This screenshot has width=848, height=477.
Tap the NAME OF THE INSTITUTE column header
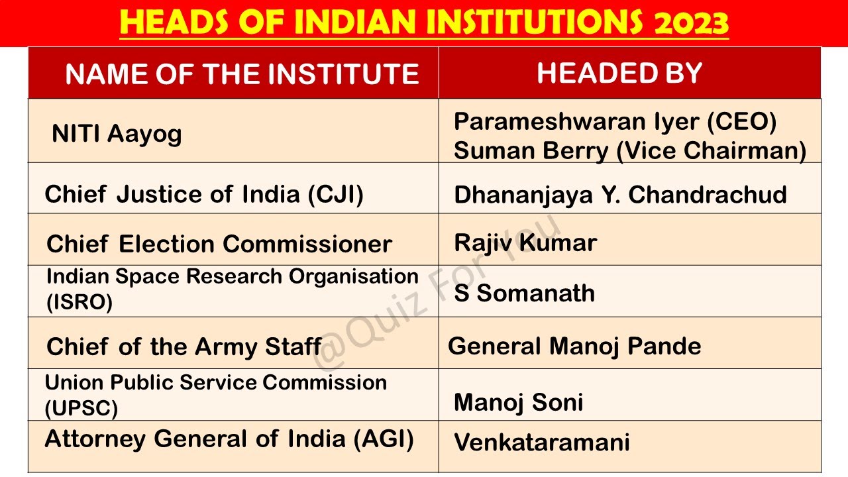(242, 74)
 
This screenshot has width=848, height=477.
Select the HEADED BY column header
(619, 73)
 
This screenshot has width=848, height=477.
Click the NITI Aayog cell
(117, 134)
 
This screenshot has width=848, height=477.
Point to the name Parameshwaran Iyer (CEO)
(615, 121)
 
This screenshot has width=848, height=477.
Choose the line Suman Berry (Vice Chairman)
(629, 150)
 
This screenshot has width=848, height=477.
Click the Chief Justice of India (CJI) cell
(204, 194)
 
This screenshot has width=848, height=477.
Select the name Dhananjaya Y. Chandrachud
(620, 194)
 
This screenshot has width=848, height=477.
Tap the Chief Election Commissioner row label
(219, 244)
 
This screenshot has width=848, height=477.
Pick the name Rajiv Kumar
(525, 242)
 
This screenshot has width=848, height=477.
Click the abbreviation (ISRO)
(79, 302)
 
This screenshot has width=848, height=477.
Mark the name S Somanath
(524, 293)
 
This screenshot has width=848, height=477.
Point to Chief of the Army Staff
(184, 346)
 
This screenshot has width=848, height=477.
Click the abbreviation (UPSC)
(81, 408)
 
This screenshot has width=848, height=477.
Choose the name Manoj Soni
(518, 402)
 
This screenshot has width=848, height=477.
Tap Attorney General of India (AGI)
(229, 439)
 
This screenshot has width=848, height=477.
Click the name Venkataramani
(542, 442)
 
